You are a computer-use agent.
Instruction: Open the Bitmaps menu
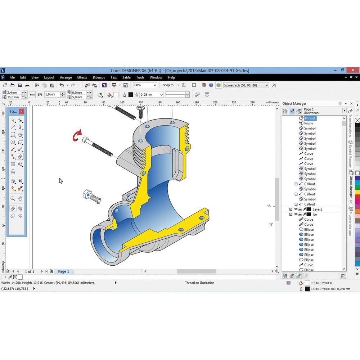(x=99, y=77)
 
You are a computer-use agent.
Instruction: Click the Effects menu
(x=82, y=77)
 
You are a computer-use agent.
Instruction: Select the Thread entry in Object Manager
(x=310, y=118)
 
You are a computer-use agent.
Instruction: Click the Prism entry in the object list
(x=309, y=123)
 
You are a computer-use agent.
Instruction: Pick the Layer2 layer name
(x=317, y=209)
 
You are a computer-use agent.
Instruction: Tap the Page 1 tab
(x=64, y=271)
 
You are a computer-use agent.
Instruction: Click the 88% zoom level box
(x=145, y=85)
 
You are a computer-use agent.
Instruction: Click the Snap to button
(x=168, y=85)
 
